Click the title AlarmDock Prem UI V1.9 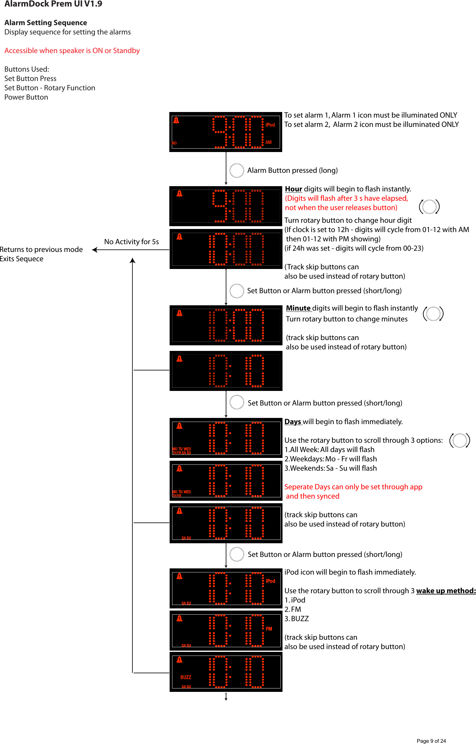pyautogui.click(x=53, y=4)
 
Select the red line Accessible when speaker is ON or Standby pyautogui.click(x=72, y=51)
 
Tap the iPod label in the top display pyautogui.click(x=270, y=125)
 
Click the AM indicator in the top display pyautogui.click(x=269, y=142)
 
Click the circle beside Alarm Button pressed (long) pyautogui.click(x=237, y=170)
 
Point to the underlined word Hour pyautogui.click(x=293, y=189)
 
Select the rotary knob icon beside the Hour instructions pyautogui.click(x=429, y=207)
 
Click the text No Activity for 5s pyautogui.click(x=131, y=242)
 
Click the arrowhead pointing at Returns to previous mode pyautogui.click(x=95, y=250)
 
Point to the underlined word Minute pyautogui.click(x=298, y=308)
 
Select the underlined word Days pyautogui.click(x=293, y=422)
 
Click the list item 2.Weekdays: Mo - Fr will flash pyautogui.click(x=331, y=459)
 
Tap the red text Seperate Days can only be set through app pyautogui.click(x=353, y=487)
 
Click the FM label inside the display pyautogui.click(x=269, y=629)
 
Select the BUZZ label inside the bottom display pyautogui.click(x=186, y=677)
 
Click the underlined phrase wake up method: pyautogui.click(x=446, y=591)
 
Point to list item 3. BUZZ pyautogui.click(x=297, y=619)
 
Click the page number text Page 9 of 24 pyautogui.click(x=431, y=741)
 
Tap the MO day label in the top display pyautogui.click(x=174, y=143)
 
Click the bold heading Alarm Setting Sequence pyautogui.click(x=46, y=23)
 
